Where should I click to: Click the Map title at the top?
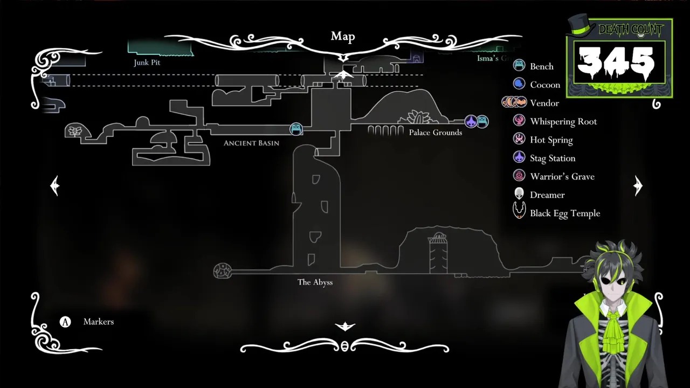pyautogui.click(x=343, y=37)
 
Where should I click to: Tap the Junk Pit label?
pyautogui.click(x=147, y=63)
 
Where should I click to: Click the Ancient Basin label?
pyautogui.click(x=251, y=143)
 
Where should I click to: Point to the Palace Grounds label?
pyautogui.click(x=435, y=133)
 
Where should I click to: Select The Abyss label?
pyautogui.click(x=315, y=282)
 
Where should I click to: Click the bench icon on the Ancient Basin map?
pyautogui.click(x=296, y=129)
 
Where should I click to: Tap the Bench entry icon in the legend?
pyautogui.click(x=519, y=66)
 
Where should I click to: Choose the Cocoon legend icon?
pyautogui.click(x=519, y=84)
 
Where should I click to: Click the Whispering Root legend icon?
pyautogui.click(x=519, y=121)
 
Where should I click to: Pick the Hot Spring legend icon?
pyautogui.click(x=519, y=139)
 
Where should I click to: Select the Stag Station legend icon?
pyautogui.click(x=519, y=157)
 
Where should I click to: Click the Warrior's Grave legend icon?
pyautogui.click(x=519, y=176)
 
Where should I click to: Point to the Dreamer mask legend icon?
pyautogui.click(x=519, y=194)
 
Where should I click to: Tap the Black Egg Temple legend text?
pyautogui.click(x=564, y=213)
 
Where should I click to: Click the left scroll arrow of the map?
pyautogui.click(x=54, y=186)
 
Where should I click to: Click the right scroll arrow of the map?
pyautogui.click(x=638, y=186)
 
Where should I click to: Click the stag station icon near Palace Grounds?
pyautogui.click(x=471, y=122)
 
